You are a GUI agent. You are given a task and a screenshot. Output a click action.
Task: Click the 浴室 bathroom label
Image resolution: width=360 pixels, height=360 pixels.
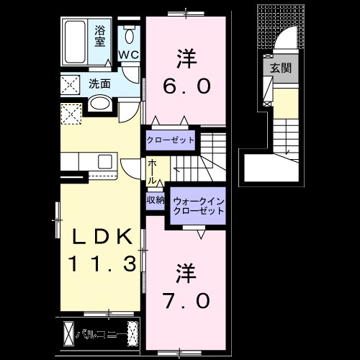click(x=100, y=35)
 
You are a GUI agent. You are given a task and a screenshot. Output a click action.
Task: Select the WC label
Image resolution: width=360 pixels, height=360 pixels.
click(x=129, y=55)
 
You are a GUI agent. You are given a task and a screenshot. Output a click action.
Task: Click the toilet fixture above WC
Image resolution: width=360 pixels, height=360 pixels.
click(x=130, y=35)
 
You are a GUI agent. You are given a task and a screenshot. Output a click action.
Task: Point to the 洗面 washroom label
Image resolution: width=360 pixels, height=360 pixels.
click(x=100, y=84)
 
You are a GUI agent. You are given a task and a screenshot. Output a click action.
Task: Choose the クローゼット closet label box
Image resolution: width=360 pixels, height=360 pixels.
click(x=171, y=140)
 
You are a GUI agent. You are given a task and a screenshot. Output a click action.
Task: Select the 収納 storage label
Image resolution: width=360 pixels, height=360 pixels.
click(x=156, y=199)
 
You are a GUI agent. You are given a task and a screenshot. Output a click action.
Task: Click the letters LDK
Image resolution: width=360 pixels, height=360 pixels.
click(x=101, y=236)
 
